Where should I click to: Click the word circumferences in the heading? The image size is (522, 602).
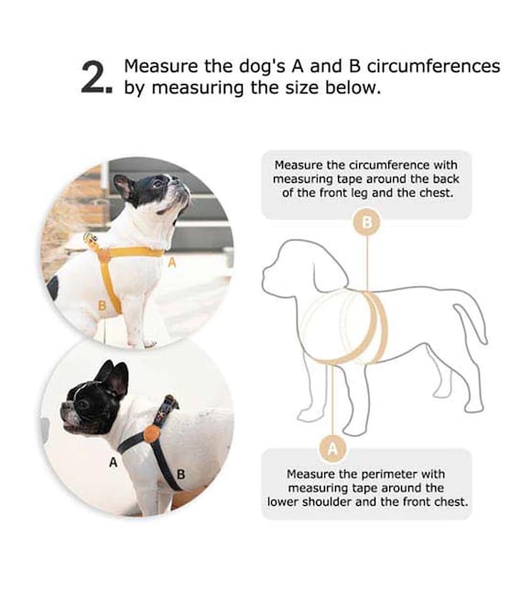tap(433, 66)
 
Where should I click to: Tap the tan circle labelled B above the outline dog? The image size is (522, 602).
tap(367, 222)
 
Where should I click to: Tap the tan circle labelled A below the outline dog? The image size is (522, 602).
tap(332, 448)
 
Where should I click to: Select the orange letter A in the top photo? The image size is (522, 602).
tap(172, 263)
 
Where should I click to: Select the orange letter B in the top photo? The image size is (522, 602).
tap(102, 306)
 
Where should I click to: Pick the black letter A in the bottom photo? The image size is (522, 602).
tap(113, 463)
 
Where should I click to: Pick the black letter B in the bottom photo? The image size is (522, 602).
tap(180, 475)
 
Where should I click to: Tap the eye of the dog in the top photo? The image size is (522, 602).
tap(157, 184)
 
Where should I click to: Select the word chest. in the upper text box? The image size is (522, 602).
tap(437, 192)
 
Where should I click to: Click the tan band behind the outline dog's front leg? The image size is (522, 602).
tap(376, 327)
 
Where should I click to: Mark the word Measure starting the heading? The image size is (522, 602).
tap(161, 66)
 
